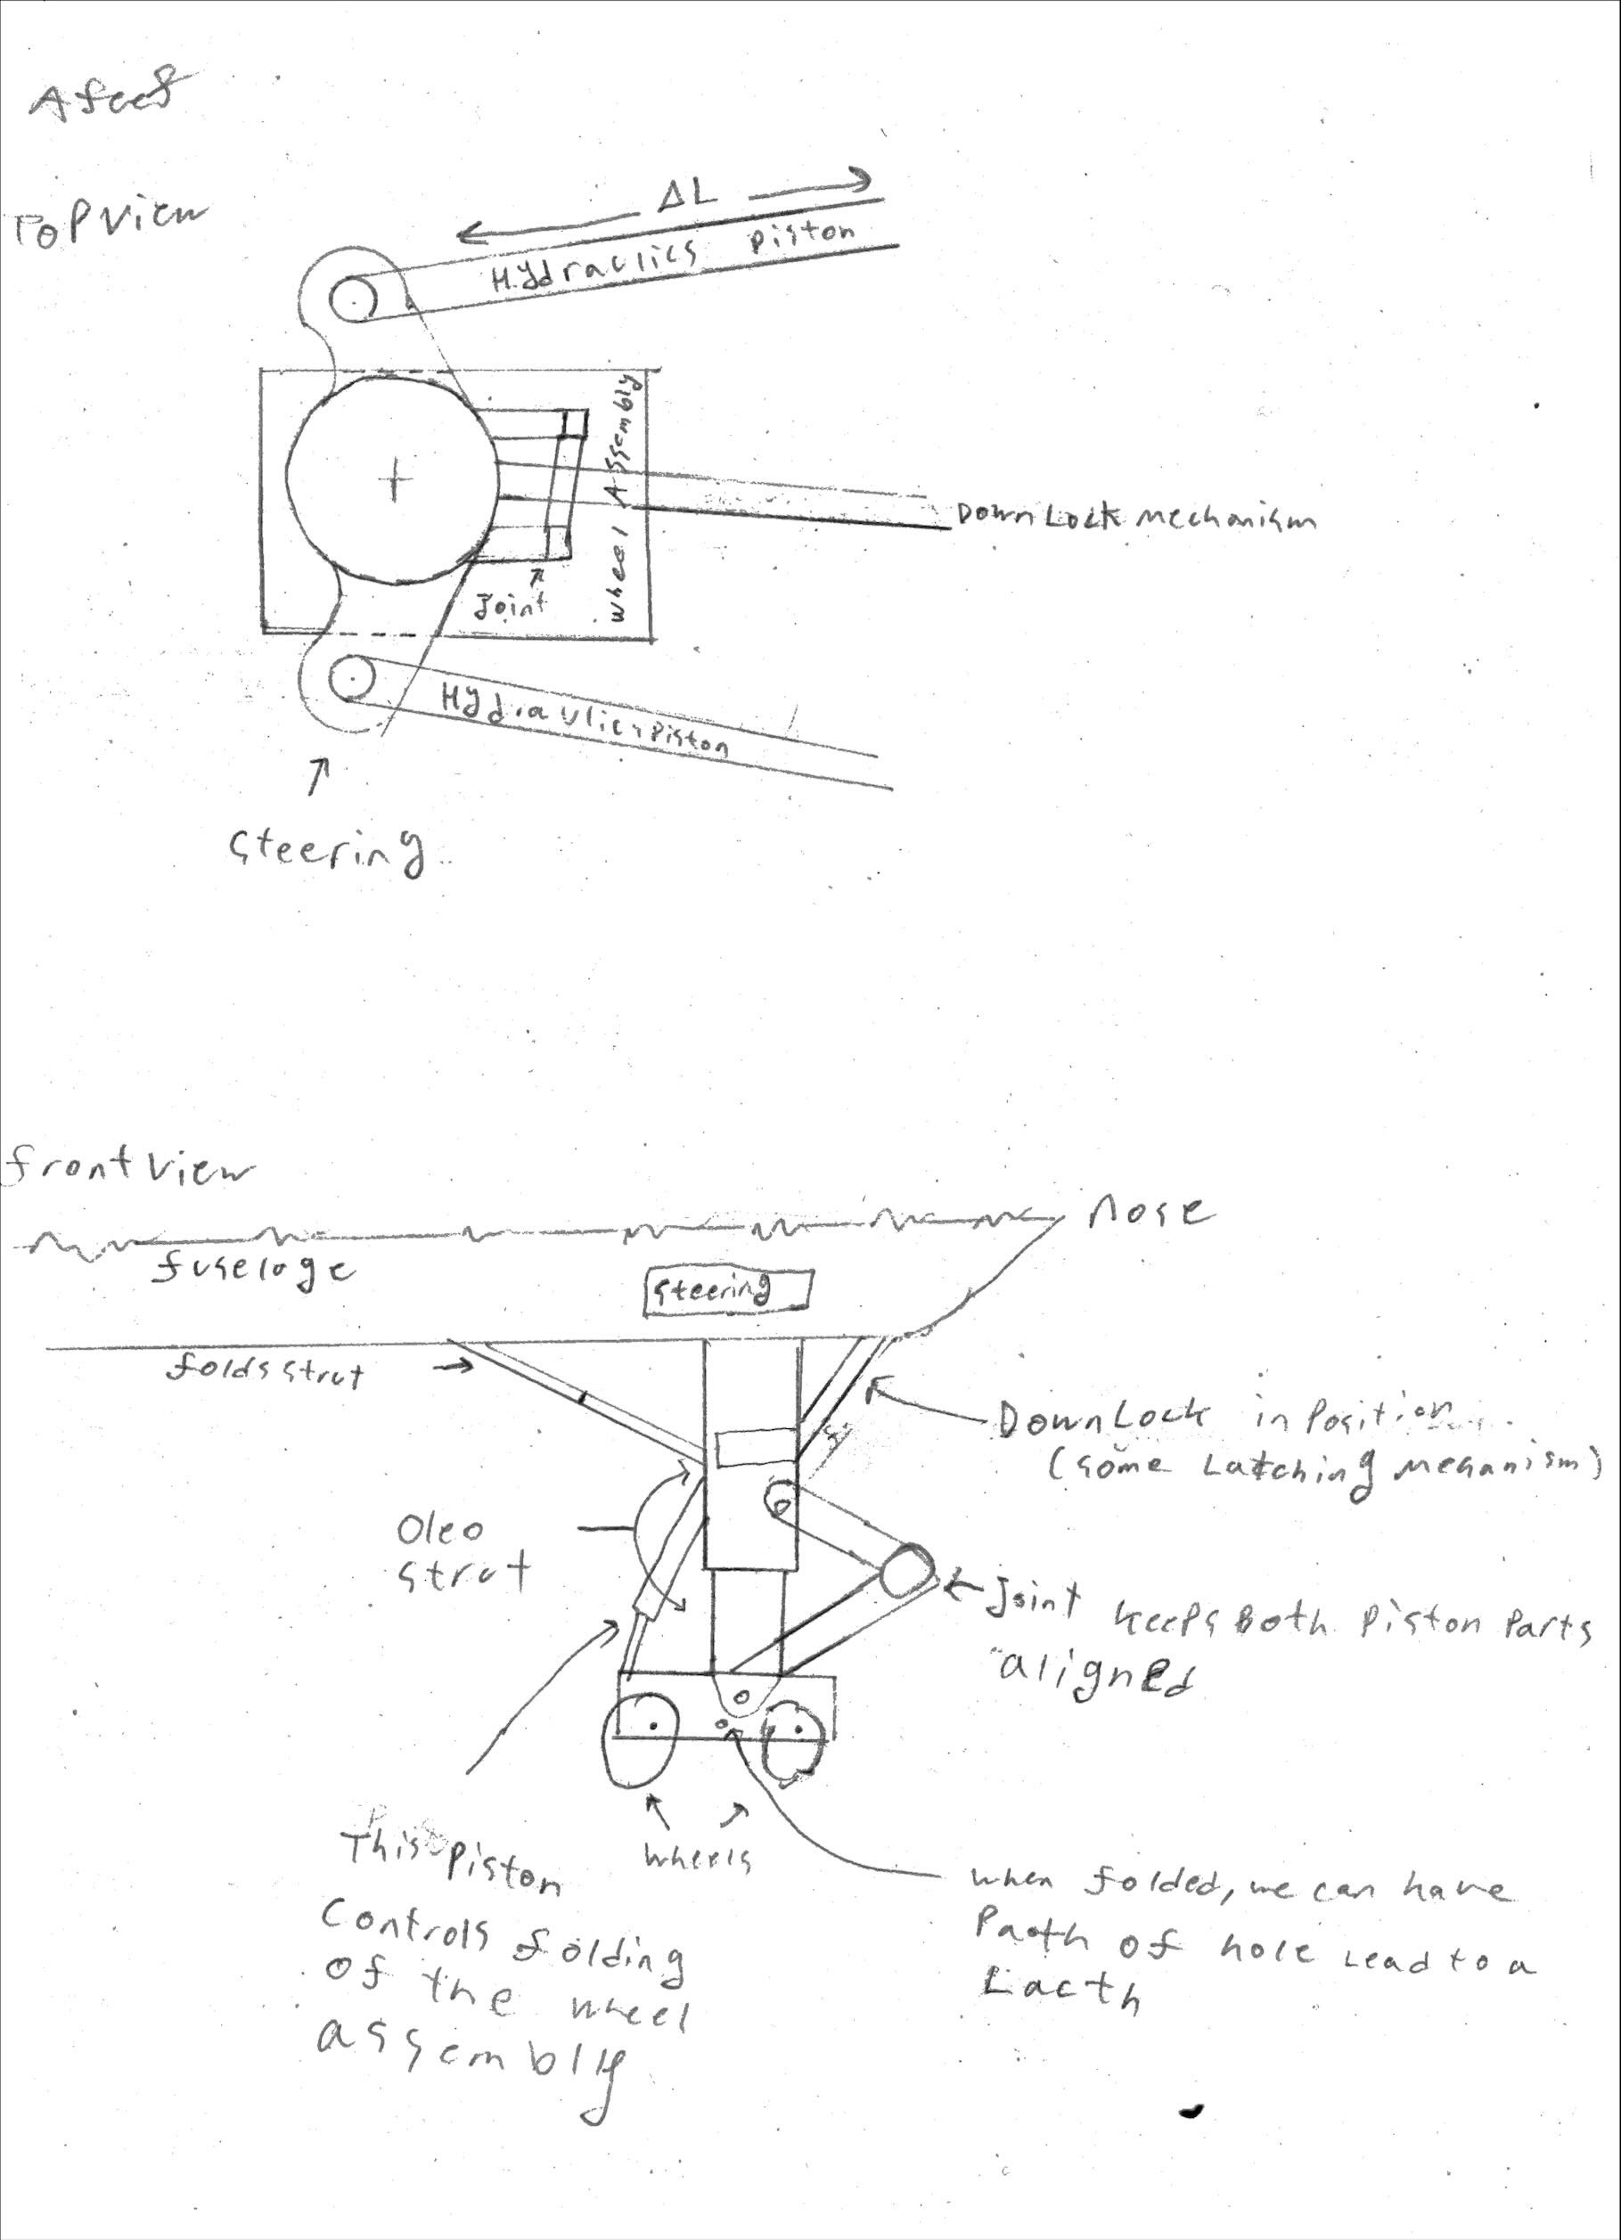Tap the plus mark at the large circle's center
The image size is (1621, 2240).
(x=395, y=482)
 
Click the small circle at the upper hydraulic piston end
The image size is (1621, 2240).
(x=351, y=298)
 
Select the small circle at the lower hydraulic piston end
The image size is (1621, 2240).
(x=348, y=679)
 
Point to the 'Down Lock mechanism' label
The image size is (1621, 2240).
(x=1135, y=518)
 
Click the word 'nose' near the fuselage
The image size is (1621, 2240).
(x=1146, y=1211)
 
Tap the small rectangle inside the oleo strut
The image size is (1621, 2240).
(x=754, y=1449)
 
